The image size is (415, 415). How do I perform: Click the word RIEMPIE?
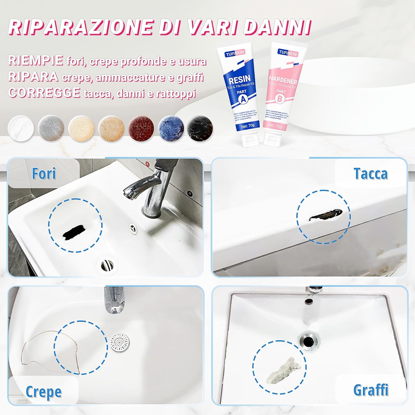tap(35, 60)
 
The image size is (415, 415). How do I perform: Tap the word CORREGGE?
tap(44, 93)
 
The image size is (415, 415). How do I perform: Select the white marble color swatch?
tap(21, 128)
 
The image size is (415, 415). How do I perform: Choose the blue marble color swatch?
tap(171, 128)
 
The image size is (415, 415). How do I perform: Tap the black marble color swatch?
tap(200, 128)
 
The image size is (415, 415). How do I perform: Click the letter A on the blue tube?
tap(243, 100)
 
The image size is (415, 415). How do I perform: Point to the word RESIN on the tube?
tap(240, 80)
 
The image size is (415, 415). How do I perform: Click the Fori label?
tap(44, 174)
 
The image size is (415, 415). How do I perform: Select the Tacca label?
tap(371, 174)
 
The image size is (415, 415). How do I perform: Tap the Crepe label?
tap(44, 392)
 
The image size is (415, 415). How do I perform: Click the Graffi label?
tap(371, 390)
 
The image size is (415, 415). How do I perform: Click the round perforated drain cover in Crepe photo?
tap(120, 342)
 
